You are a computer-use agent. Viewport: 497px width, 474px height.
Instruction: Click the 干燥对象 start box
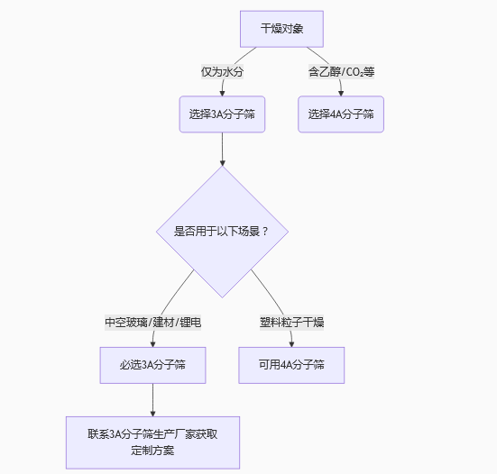(281, 29)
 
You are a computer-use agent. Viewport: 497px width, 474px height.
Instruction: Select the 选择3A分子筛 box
(222, 114)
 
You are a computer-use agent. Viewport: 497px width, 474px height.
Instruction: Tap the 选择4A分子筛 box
(341, 114)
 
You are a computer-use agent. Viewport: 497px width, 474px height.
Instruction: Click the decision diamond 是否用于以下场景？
(222, 231)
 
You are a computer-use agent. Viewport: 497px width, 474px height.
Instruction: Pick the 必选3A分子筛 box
(152, 365)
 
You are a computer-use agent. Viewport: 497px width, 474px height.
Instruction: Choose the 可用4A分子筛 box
(291, 365)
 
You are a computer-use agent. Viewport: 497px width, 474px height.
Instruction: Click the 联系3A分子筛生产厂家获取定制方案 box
(152, 442)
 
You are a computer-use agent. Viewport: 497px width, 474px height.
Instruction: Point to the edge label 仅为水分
(222, 71)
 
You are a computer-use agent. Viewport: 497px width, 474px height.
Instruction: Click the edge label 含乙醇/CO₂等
(341, 71)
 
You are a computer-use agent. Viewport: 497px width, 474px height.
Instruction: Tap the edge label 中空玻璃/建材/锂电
(152, 322)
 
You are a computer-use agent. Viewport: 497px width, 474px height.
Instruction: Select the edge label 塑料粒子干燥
(291, 322)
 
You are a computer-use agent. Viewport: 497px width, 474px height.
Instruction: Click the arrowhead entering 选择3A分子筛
(222, 92)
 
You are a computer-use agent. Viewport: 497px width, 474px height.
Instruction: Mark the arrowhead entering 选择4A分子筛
(341, 92)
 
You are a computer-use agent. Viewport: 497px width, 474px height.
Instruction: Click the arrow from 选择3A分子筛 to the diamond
(222, 149)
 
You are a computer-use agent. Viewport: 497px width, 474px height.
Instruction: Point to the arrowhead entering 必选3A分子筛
(152, 342)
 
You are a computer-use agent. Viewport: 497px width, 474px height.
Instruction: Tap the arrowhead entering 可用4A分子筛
(291, 342)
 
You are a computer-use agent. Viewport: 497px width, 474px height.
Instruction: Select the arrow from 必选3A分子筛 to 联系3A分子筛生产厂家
(152, 399)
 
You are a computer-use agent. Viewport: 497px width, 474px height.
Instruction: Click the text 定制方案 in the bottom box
(152, 450)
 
